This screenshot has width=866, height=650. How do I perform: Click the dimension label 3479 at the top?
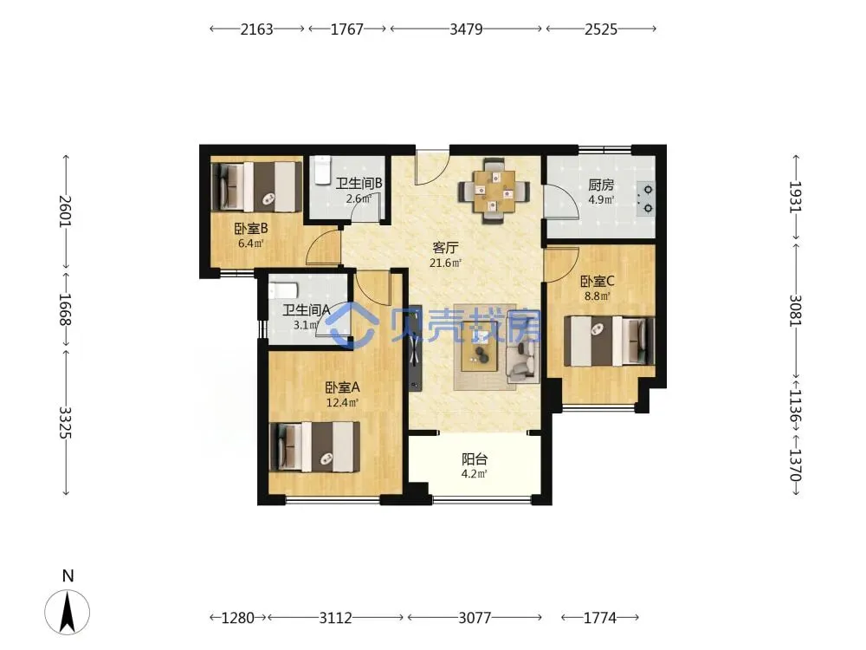pos(466,29)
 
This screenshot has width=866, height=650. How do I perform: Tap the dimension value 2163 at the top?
pos(256,29)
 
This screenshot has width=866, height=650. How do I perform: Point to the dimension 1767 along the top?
pos(347,29)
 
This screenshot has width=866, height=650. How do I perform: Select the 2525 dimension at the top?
pos(600,29)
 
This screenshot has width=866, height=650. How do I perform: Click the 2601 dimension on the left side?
pos(66,211)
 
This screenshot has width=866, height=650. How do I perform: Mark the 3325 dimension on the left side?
pos(66,423)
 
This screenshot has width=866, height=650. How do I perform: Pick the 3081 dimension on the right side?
pos(795,310)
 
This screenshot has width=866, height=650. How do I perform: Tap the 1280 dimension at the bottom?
pos(237,617)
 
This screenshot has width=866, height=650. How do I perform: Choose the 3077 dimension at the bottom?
pos(475,617)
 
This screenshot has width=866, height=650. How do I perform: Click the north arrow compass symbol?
pos(68,612)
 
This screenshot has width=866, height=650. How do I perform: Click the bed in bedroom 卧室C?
pos(609,341)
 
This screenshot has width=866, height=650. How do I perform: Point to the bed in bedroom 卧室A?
pos(314,447)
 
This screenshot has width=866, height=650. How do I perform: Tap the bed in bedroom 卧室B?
pos(256,186)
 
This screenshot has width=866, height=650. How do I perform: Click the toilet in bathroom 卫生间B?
pos(321,170)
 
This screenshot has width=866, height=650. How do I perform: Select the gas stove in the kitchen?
pos(645,199)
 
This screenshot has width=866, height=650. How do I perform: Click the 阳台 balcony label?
pos(475,458)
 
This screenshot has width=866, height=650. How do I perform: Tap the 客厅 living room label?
pos(445,248)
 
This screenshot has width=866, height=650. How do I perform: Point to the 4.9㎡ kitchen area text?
pos(601,200)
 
